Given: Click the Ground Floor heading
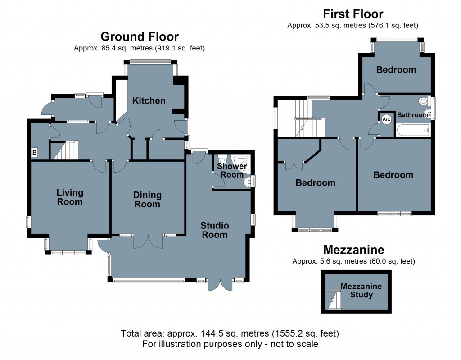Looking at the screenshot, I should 139,36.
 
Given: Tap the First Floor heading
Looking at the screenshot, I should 353,14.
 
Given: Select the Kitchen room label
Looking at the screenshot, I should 149,100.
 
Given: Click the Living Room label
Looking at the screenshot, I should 70,197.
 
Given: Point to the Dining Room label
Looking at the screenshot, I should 147,199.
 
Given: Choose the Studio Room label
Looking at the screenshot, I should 215,230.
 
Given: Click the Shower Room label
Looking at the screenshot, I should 232,170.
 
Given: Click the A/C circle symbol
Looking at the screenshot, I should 386,119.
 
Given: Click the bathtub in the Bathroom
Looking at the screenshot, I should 414,131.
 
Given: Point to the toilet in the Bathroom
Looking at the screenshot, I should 423,100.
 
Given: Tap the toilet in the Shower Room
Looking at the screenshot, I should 222,160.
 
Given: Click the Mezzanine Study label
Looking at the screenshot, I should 361,291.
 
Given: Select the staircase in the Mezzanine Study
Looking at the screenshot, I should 333,300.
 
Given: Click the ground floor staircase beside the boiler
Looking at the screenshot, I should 63,150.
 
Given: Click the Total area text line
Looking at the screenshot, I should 230,334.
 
